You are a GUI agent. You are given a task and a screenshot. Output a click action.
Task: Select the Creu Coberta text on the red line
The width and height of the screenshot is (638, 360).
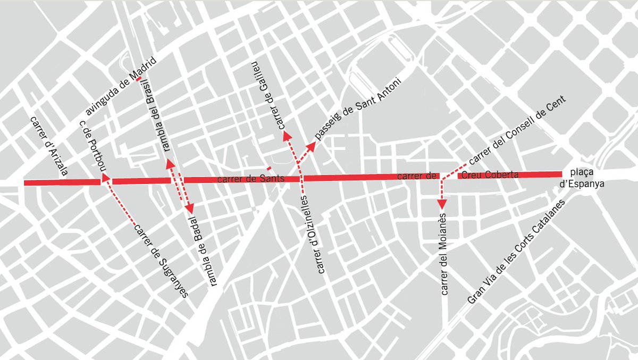pos(490,175)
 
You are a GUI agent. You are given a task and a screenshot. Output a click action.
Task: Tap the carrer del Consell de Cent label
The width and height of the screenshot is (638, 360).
pos(518,131)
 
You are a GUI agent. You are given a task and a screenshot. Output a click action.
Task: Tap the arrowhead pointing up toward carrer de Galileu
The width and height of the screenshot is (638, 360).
pos(288,135)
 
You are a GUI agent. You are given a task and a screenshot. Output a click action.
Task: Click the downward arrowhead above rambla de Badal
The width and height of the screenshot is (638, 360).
pos(189,209)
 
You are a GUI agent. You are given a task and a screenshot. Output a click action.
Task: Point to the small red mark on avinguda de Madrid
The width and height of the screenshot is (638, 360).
pos(138,79)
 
